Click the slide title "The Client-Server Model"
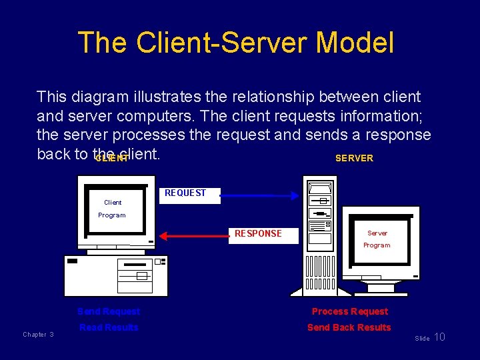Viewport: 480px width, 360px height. tap(236, 43)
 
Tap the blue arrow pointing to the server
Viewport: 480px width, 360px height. tap(259, 195)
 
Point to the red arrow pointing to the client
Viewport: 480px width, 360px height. tap(194, 236)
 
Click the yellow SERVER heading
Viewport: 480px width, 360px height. tap(354, 158)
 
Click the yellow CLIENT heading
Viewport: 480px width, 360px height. tap(111, 159)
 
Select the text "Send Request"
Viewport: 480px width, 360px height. tap(109, 311)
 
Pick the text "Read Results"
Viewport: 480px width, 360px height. tap(109, 327)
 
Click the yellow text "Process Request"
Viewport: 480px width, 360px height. tap(349, 311)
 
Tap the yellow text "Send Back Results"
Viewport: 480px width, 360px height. tap(349, 327)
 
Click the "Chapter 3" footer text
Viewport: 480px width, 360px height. tap(38, 335)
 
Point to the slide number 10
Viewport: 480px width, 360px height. tap(439, 337)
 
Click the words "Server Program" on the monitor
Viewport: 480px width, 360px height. tap(377, 239)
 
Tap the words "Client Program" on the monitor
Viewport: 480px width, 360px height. tap(112, 209)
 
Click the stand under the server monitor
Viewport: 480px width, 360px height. tap(381, 287)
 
